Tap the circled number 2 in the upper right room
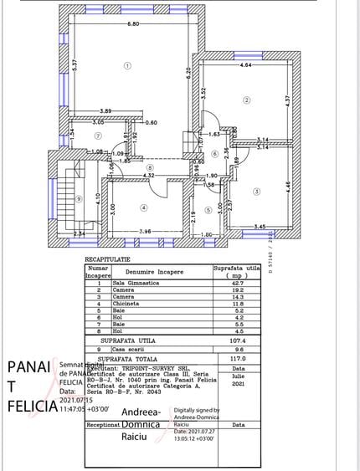tap(246, 100)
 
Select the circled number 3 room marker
tap(256, 192)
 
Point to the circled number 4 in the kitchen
tap(143, 207)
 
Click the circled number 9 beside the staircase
tap(79, 198)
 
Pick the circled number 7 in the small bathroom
tap(98, 135)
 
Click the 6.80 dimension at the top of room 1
tap(133, 24)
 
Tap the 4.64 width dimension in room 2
tap(245, 64)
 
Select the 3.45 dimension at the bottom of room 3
tap(260, 227)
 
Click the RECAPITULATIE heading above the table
tap(109, 260)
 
